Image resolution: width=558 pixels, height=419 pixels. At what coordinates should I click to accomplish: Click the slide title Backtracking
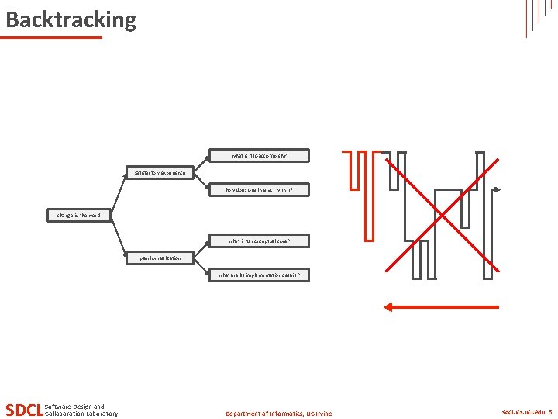(x=71, y=19)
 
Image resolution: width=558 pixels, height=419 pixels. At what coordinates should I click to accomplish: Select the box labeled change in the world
(x=80, y=215)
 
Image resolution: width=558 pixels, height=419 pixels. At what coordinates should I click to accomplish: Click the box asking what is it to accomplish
(x=260, y=155)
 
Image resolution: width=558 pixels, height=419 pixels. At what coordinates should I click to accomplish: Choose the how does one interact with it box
(x=260, y=189)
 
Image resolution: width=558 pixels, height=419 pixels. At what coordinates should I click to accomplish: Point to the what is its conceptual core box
(x=260, y=241)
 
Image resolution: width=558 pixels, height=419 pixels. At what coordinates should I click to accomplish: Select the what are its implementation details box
(x=260, y=275)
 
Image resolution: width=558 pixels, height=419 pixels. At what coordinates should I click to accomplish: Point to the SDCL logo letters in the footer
(x=23, y=410)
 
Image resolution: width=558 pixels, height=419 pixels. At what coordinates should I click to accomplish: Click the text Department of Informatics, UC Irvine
(x=278, y=414)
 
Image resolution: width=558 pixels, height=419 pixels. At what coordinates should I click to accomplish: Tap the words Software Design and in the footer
(x=75, y=407)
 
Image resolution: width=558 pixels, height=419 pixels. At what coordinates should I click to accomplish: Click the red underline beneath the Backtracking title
(x=53, y=37)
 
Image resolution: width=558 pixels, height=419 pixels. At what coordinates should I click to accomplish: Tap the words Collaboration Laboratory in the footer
(x=82, y=414)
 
